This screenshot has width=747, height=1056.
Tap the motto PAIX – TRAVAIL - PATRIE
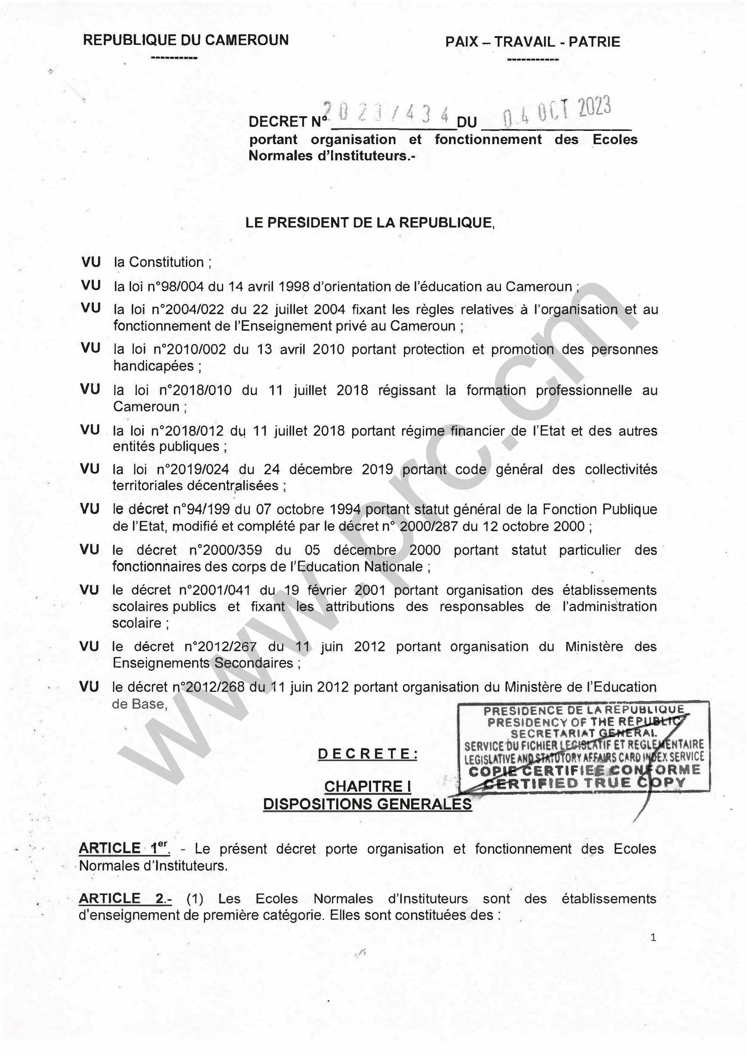click(532, 42)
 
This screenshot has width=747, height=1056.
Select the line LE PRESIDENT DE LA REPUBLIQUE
click(369, 223)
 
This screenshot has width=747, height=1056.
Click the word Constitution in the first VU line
click(166, 262)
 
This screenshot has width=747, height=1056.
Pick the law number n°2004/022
click(190, 309)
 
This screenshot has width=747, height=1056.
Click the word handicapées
click(154, 366)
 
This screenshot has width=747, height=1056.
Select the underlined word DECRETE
click(367, 754)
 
